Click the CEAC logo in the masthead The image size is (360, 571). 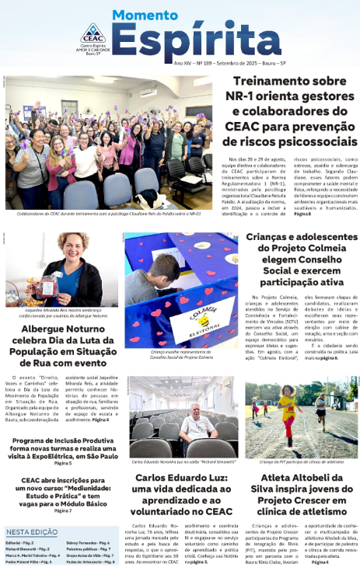[x=93, y=34]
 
